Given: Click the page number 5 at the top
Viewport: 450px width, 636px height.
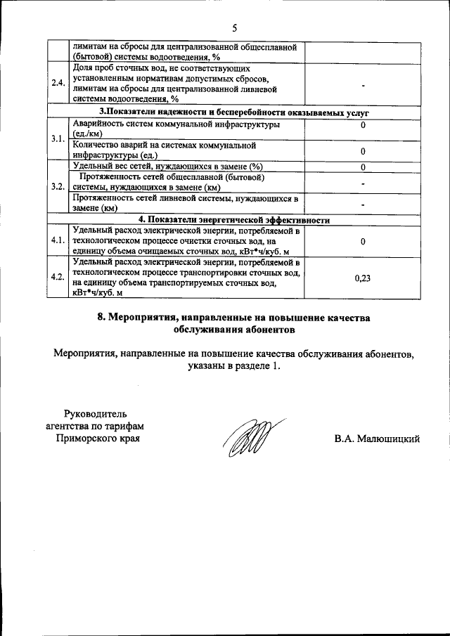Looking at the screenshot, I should click(x=234, y=27).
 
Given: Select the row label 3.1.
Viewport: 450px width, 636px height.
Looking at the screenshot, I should click(x=59, y=138).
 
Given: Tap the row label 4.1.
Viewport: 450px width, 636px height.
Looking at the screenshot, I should click(x=59, y=240).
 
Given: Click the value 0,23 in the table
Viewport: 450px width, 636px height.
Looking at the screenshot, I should click(x=363, y=278).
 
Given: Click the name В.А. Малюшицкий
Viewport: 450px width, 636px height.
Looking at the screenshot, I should click(x=377, y=439).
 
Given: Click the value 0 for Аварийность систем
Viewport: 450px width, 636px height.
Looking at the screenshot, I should click(x=363, y=125).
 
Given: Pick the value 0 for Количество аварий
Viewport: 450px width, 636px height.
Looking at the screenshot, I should click(x=363, y=150).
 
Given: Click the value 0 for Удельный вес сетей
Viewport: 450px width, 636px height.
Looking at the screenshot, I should click(x=363, y=167).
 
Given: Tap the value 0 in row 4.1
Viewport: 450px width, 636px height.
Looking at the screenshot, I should click(x=363, y=241).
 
